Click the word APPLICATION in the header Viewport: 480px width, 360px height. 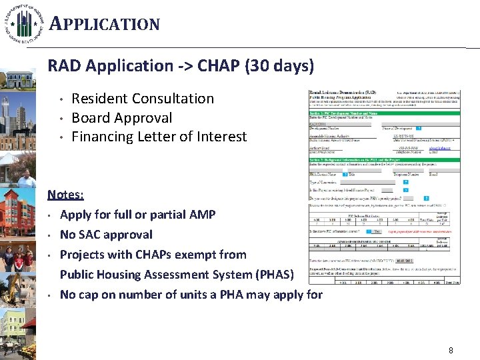105,25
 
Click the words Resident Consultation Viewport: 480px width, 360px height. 143,99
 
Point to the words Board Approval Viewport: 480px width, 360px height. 121,118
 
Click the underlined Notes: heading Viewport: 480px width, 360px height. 65,195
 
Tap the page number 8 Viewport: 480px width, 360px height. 451,350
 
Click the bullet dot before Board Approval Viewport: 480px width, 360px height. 61,119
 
